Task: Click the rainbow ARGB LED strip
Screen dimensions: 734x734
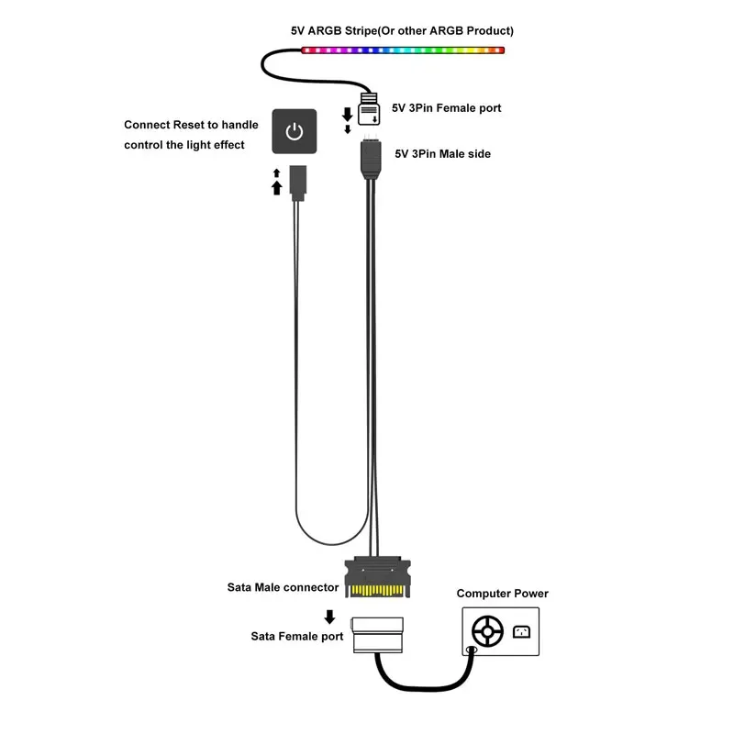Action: click(x=403, y=50)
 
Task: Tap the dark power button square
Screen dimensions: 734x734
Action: click(x=294, y=131)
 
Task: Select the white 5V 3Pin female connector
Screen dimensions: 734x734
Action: click(x=369, y=109)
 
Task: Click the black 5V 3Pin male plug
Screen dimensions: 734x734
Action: click(x=371, y=159)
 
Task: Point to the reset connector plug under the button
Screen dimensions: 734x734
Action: click(x=297, y=183)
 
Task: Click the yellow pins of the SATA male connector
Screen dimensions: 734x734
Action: click(x=377, y=591)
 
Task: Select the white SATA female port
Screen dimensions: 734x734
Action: click(x=377, y=635)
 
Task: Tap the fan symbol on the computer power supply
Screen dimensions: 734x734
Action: click(x=487, y=632)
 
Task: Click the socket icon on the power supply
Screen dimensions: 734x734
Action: click(x=521, y=632)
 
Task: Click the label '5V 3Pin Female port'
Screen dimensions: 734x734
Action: click(x=446, y=108)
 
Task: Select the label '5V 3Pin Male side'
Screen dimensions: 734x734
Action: click(x=443, y=154)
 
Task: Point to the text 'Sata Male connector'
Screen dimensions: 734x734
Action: click(x=283, y=587)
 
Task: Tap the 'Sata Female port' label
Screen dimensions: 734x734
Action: click(x=296, y=636)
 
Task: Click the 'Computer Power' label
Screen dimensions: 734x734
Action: click(x=502, y=594)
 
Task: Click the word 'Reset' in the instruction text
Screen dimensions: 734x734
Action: click(x=189, y=125)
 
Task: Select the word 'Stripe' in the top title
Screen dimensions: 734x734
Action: click(x=361, y=31)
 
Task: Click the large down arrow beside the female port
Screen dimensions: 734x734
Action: click(x=348, y=114)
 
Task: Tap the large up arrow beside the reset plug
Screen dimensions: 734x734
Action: click(x=277, y=188)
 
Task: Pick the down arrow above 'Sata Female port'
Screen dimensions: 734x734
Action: click(x=329, y=617)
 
